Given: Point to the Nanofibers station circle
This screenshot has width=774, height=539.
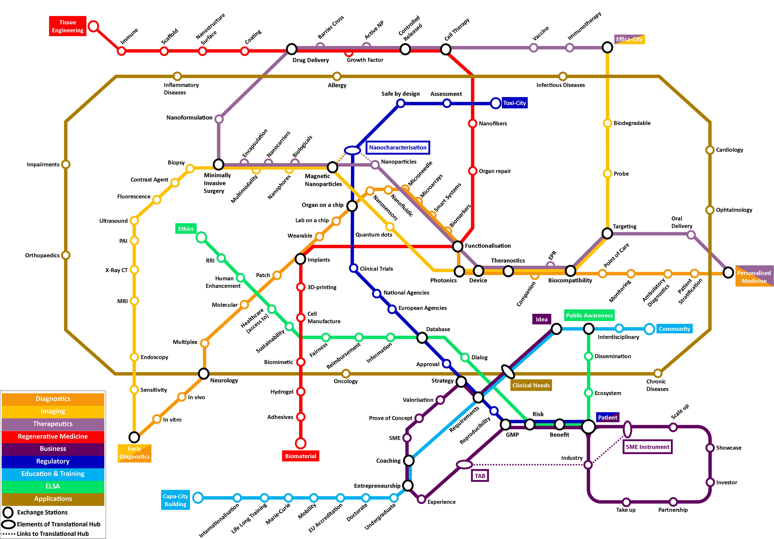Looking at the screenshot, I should click(x=473, y=123).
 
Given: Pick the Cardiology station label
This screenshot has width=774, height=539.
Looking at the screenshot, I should click(x=729, y=150).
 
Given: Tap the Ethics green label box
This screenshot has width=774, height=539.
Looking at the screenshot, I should click(x=186, y=229).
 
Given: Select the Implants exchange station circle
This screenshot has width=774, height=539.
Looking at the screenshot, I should click(x=300, y=259).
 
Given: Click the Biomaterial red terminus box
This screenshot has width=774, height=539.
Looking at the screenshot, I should click(x=300, y=456).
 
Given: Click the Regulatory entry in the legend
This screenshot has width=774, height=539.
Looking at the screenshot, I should click(x=53, y=461).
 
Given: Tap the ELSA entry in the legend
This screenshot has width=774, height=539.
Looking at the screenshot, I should click(x=53, y=486).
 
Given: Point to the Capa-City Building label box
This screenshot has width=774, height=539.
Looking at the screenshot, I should click(x=175, y=500).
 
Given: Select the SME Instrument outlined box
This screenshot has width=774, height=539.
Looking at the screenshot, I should click(x=647, y=447).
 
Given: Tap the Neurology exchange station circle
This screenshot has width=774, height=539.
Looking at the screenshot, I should click(x=204, y=374).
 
